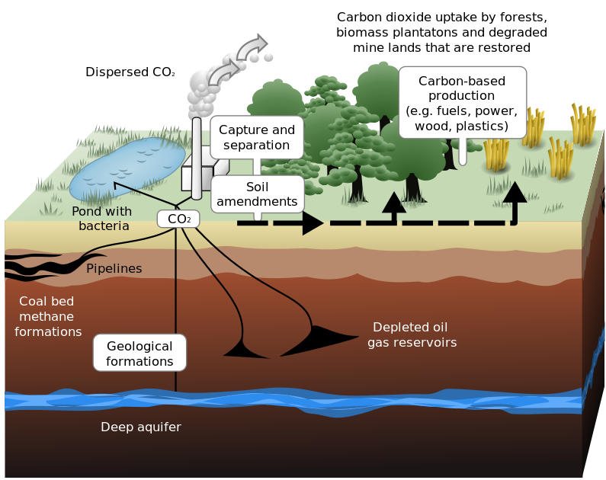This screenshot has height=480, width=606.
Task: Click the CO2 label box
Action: pos(178,219)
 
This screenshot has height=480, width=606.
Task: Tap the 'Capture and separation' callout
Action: pos(256,137)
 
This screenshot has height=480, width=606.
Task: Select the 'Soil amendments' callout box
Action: pos(257,194)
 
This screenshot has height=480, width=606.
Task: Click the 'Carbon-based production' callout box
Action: pos(462,101)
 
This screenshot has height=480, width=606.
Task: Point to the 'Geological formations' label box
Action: pos(139,353)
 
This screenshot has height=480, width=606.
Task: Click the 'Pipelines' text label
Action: pos(114,269)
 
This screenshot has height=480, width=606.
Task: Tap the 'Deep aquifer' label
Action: pos(141,427)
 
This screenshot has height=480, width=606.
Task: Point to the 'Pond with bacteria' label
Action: pos(101,219)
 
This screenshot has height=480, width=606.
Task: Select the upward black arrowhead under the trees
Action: pos(393,203)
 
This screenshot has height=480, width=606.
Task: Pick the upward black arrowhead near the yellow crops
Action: pos(516,193)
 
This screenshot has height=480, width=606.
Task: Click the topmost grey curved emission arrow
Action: pos(252,46)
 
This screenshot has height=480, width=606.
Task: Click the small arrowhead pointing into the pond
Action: pos(117,184)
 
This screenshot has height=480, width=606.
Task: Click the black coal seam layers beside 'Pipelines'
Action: pos(38,266)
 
